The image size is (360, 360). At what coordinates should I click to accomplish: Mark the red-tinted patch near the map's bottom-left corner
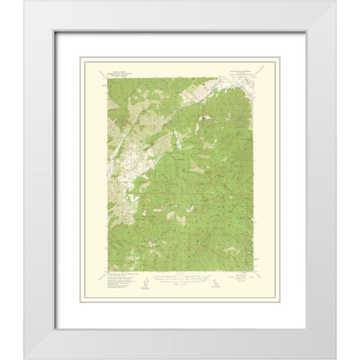pyautogui.click(x=113, y=268)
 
